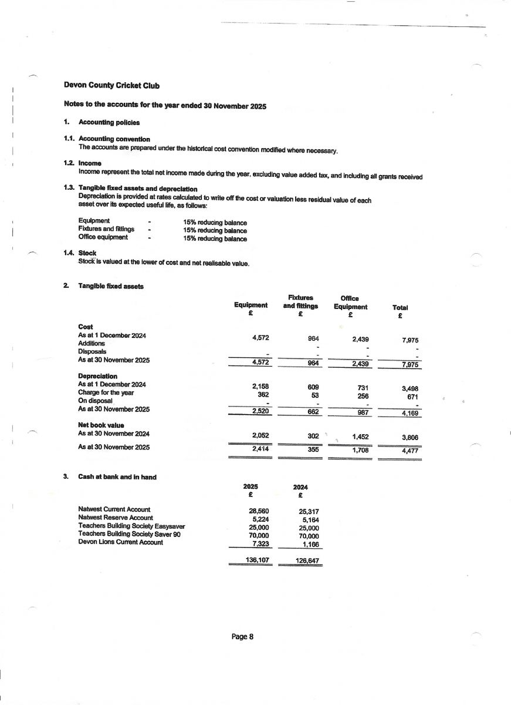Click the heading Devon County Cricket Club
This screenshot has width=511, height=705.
(x=111, y=85)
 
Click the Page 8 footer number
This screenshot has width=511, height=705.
(x=242, y=637)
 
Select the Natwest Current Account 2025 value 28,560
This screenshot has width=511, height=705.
(x=259, y=511)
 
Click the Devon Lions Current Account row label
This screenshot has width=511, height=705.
(x=120, y=542)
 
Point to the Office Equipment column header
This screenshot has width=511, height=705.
(x=350, y=303)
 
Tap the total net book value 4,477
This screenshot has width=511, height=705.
(x=410, y=451)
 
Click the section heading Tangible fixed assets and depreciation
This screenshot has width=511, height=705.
(x=138, y=189)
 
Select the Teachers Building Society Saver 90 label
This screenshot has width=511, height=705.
(x=129, y=534)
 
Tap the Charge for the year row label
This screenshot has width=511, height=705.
(x=103, y=392)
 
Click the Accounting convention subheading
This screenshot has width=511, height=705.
(x=114, y=139)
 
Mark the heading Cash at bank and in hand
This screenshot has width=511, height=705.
(x=117, y=477)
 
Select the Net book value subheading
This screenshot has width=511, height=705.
(x=101, y=425)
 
